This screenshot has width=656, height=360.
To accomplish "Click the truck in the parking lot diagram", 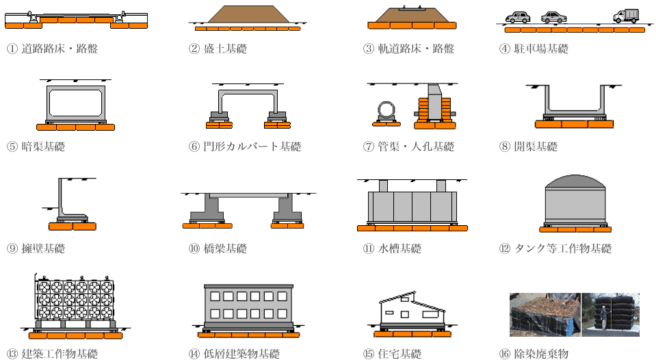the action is [x=626, y=16].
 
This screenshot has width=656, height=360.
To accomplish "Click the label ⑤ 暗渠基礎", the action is [x=36, y=146].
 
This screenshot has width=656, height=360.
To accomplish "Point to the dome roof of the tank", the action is [x=575, y=182].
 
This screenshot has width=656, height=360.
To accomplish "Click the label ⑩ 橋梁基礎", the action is [x=218, y=248].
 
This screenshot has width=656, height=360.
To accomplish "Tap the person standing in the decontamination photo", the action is [x=604, y=318].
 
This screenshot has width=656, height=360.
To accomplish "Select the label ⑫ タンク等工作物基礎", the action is [x=555, y=248].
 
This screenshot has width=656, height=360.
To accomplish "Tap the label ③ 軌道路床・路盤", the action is [x=408, y=49].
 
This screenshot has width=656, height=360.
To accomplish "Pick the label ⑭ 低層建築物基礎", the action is [x=234, y=354].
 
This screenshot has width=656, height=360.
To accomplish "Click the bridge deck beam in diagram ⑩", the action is [x=248, y=196].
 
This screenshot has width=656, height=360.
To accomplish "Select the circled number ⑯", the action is [x=505, y=354].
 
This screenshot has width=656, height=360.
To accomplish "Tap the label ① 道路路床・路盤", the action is [x=52, y=49].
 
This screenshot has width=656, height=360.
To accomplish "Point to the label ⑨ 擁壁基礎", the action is [x=36, y=248].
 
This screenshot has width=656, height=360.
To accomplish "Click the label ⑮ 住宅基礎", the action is [x=392, y=354].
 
